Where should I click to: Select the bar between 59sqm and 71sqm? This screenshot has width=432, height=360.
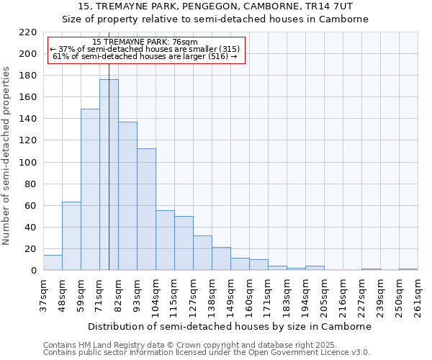click(x=90, y=189)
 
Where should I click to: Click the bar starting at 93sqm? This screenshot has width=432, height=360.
click(x=146, y=210)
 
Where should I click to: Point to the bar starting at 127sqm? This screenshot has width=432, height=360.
click(x=202, y=253)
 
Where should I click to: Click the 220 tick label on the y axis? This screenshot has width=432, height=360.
click(x=28, y=32)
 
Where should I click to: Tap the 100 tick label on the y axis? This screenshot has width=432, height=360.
click(x=28, y=162)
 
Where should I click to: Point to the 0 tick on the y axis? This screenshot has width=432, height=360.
click(x=34, y=271)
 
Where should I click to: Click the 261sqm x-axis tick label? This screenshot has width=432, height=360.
click(x=418, y=297)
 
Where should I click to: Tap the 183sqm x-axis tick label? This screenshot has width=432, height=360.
click(x=287, y=297)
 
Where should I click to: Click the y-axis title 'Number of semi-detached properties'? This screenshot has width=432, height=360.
click(x=7, y=156)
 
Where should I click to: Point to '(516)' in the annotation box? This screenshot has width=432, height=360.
click(x=215, y=56)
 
